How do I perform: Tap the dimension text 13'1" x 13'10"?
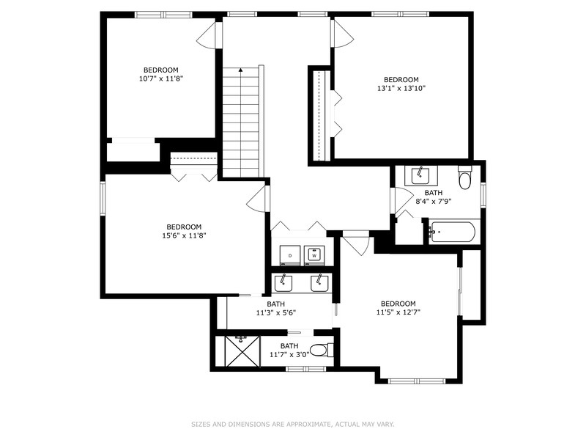coord(401,88)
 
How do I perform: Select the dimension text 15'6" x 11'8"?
coord(183,235)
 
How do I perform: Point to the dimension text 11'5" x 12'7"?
coord(398,312)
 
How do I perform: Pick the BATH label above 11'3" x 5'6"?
coord(275,304)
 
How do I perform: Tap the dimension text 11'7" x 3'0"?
coord(289,354)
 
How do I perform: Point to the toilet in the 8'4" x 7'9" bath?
coord(464,179)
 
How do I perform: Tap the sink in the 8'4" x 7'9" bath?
coord(420,175)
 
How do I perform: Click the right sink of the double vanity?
coord(319,283)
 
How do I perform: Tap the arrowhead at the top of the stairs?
coord(240,70)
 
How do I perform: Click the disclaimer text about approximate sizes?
coord(293,424)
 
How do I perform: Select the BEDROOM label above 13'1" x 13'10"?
coord(401,79)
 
